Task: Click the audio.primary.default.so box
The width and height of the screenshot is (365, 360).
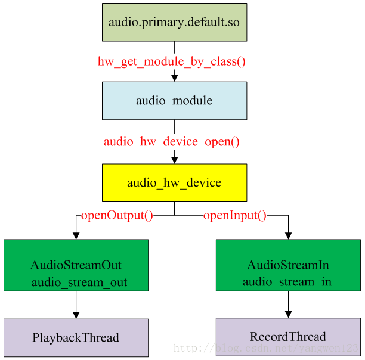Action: (x=174, y=22)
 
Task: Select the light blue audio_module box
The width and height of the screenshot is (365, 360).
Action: (x=174, y=101)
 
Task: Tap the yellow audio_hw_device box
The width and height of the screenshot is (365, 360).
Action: (x=174, y=183)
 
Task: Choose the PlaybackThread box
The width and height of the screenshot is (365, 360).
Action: (x=76, y=338)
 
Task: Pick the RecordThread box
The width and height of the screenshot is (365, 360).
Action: (x=288, y=337)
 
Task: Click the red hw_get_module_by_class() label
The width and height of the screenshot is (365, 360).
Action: (x=172, y=61)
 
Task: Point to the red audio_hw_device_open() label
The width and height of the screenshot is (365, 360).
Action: (x=172, y=142)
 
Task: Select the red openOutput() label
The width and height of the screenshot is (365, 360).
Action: (x=117, y=215)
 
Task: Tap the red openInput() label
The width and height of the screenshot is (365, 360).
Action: (x=235, y=215)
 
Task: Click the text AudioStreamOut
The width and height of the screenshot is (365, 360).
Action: (x=76, y=265)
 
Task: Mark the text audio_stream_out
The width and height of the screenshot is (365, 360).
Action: (x=79, y=283)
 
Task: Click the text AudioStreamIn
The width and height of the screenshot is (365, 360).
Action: (x=288, y=265)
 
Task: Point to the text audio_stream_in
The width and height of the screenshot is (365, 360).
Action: (x=287, y=282)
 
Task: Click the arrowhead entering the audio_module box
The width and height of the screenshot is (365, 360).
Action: (x=174, y=78)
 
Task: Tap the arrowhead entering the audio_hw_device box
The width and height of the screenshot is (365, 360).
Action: (x=174, y=160)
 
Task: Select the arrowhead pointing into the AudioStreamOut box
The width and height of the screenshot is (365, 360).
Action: (x=76, y=236)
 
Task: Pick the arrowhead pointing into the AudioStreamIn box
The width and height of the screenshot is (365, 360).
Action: (x=288, y=236)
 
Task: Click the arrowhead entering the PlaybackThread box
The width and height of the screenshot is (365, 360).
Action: (x=76, y=315)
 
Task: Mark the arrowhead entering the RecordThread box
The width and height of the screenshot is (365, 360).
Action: (x=288, y=315)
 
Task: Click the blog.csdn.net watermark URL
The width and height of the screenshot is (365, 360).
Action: (x=266, y=348)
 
